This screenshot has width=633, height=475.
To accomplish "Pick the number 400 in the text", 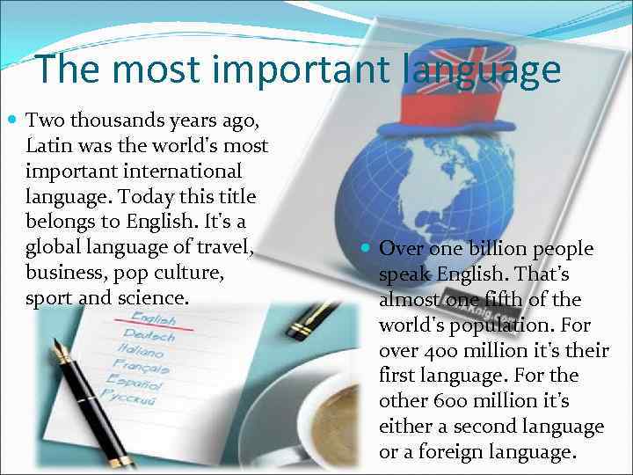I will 438,351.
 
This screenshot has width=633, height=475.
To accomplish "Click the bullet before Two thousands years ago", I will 11,119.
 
